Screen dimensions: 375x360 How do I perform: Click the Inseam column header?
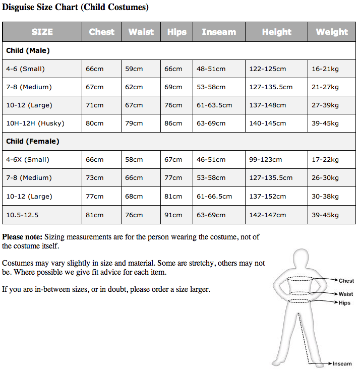coord(219,32)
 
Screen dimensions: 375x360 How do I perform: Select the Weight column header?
coord(332,32)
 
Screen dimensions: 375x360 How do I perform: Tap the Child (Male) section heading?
coord(28,50)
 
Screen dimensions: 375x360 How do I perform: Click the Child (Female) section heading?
coord(33,141)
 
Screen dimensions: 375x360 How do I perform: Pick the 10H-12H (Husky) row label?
coord(35,123)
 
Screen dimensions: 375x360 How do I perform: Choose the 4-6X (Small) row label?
coord(28,159)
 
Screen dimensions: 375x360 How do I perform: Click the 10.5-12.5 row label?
coord(22,215)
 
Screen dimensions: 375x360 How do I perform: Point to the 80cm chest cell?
coord(94,123)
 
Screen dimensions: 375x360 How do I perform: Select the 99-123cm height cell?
coord(265,159)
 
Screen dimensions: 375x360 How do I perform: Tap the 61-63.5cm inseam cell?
coord(214,105)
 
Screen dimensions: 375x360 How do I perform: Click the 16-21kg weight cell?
coord(325,69)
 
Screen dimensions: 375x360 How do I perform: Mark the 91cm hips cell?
coord(173,215)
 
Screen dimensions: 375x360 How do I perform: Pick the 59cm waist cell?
coord(134,69)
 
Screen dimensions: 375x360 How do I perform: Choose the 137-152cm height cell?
coord(267,196)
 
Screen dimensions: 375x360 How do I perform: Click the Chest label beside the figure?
coord(346,281)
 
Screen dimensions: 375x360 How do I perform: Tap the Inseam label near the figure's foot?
coord(342,363)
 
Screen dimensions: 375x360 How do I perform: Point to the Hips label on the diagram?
coord(345,303)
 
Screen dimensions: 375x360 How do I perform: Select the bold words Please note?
coord(22,236)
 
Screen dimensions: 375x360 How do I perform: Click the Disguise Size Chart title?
coord(75,8)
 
